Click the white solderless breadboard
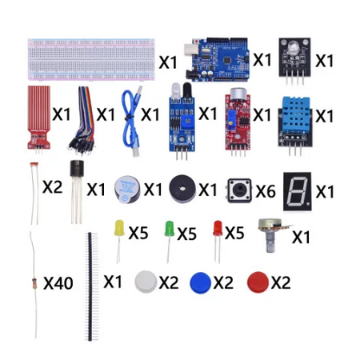pyautogui.click(x=91, y=59)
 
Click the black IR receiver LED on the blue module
pyautogui.click(x=186, y=90)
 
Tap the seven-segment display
pyautogui.click(x=297, y=191)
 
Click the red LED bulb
pyautogui.click(x=218, y=228)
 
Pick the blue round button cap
pyautogui.click(x=200, y=282)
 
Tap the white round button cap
pyautogui.click(x=146, y=282)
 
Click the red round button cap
pyautogui.click(x=258, y=282)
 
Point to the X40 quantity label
pyautogui.click(x=58, y=283)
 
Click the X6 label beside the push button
pyautogui.click(x=266, y=191)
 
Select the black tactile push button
pyautogui.click(x=239, y=190)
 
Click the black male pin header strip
pyautogui.click(x=90, y=286)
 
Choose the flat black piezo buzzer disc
pyautogui.click(x=182, y=189)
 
